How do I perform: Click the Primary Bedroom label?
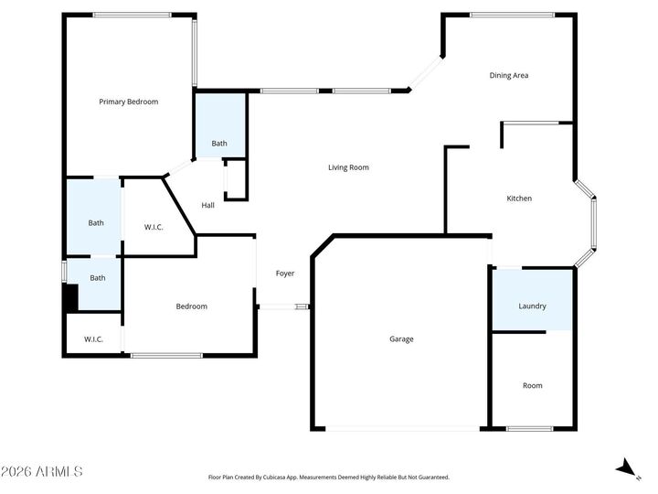click(128, 102)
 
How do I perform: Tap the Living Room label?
click(348, 167)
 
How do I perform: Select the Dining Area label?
click(509, 75)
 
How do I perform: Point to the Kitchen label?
click(519, 199)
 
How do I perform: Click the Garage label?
click(401, 339)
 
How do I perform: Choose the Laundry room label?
click(532, 306)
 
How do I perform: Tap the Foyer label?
click(284, 274)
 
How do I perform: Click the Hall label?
click(208, 205)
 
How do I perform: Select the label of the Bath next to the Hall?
click(219, 143)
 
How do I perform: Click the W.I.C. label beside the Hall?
click(154, 227)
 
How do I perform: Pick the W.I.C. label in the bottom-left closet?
click(93, 339)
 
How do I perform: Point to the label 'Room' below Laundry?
click(532, 385)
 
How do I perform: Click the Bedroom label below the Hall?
click(191, 306)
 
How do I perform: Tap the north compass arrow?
click(627, 468)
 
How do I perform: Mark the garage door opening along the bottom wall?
click(402, 429)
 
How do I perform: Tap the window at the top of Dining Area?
click(512, 15)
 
